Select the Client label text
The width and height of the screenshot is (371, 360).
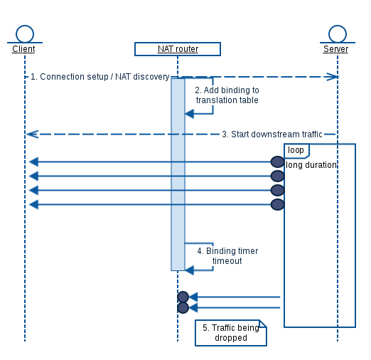(x=23, y=49)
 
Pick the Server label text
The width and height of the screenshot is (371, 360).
(x=335, y=49)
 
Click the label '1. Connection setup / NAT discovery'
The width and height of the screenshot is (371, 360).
(x=100, y=77)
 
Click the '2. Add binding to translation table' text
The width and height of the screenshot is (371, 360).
(x=227, y=95)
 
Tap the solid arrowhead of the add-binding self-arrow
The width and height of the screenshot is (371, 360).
(x=189, y=114)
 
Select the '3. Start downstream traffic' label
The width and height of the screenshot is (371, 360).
(x=272, y=134)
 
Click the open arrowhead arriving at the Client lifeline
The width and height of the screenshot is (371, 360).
(x=32, y=134)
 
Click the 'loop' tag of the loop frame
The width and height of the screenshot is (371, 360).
(x=296, y=151)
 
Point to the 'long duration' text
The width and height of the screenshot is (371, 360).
(x=311, y=165)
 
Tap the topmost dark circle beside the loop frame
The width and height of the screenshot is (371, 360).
(x=277, y=162)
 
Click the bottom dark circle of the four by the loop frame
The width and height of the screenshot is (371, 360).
(x=277, y=204)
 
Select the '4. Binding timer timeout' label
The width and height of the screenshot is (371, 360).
(x=227, y=256)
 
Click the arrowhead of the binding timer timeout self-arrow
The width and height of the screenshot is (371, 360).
(x=189, y=270)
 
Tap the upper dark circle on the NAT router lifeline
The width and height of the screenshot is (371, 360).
(x=183, y=297)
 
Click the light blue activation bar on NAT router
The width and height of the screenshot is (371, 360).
(x=178, y=174)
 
